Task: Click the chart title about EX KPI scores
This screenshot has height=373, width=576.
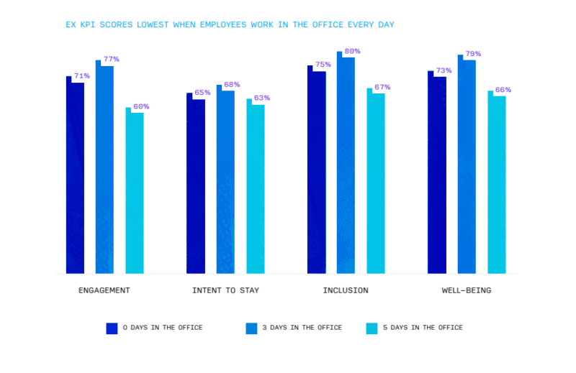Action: tap(229, 25)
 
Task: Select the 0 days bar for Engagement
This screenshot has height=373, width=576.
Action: tap(75, 176)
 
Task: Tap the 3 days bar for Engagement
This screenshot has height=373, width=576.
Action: tap(104, 169)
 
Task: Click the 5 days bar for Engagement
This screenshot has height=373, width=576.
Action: tap(135, 192)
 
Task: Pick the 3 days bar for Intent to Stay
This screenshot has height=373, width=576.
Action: tap(225, 180)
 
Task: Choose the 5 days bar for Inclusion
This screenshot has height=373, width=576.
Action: tap(376, 183)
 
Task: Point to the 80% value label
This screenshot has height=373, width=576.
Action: tap(352, 51)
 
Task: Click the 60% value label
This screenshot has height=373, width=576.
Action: tap(141, 106)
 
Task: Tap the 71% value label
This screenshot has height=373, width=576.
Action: tap(81, 75)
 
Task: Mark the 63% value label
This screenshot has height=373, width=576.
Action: tap(262, 98)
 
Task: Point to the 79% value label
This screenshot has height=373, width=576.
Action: tap(473, 54)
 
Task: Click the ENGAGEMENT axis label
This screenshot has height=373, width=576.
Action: tap(104, 290)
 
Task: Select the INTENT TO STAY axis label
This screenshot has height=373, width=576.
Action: tap(225, 290)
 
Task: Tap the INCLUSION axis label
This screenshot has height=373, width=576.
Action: tap(346, 290)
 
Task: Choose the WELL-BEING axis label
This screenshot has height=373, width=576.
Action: tap(467, 290)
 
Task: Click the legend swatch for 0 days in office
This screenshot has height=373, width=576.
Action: tap(112, 328)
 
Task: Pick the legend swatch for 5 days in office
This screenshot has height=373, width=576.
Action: tap(372, 328)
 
